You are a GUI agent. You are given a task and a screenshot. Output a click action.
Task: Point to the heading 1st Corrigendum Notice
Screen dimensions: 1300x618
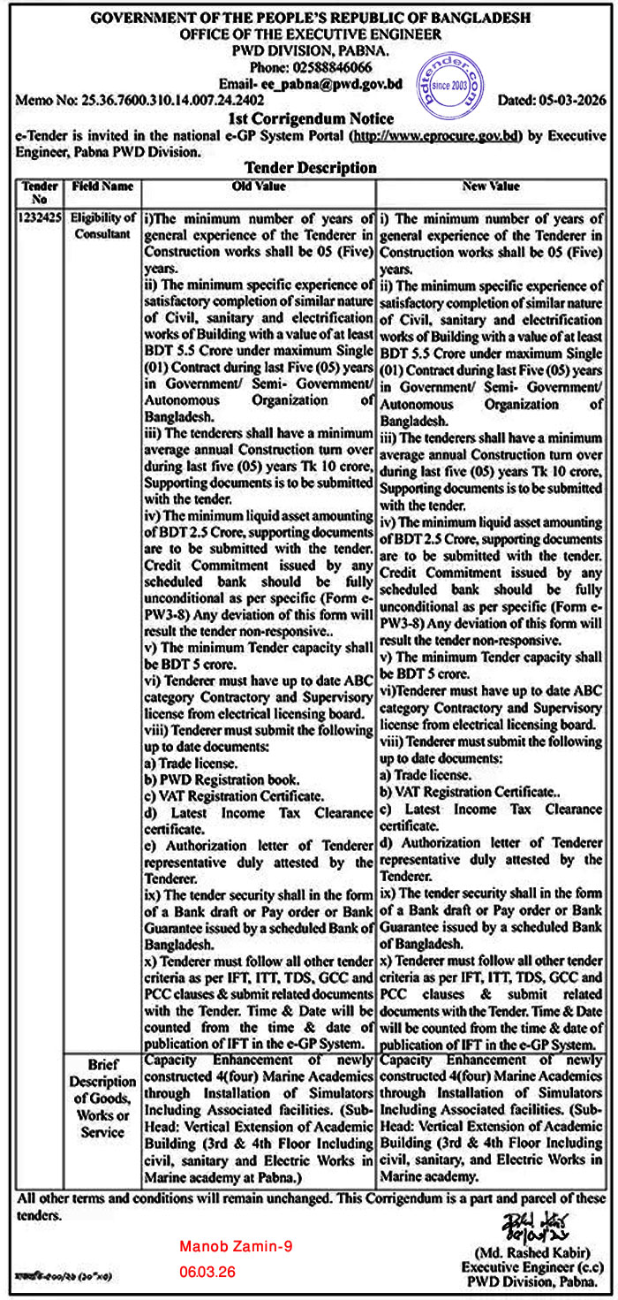[x=311, y=118]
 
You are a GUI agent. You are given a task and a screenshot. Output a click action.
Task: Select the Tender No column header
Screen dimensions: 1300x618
[x=39, y=192]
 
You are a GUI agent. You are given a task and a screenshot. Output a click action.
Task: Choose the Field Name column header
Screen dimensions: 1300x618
[x=103, y=186]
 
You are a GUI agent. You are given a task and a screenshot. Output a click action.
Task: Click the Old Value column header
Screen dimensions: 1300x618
[x=258, y=186]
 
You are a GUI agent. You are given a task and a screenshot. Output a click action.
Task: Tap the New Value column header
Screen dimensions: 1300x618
[x=491, y=186]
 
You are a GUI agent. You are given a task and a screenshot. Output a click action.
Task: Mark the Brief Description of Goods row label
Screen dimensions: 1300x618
[x=103, y=1095]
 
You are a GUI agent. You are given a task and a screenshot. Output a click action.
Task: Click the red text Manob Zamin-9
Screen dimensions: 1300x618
[x=235, y=1246]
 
